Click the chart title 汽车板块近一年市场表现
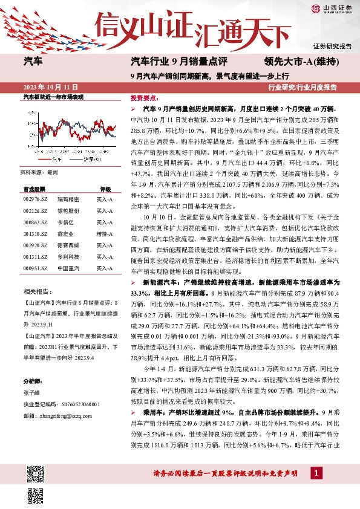(53, 96)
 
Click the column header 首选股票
(34, 189)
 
